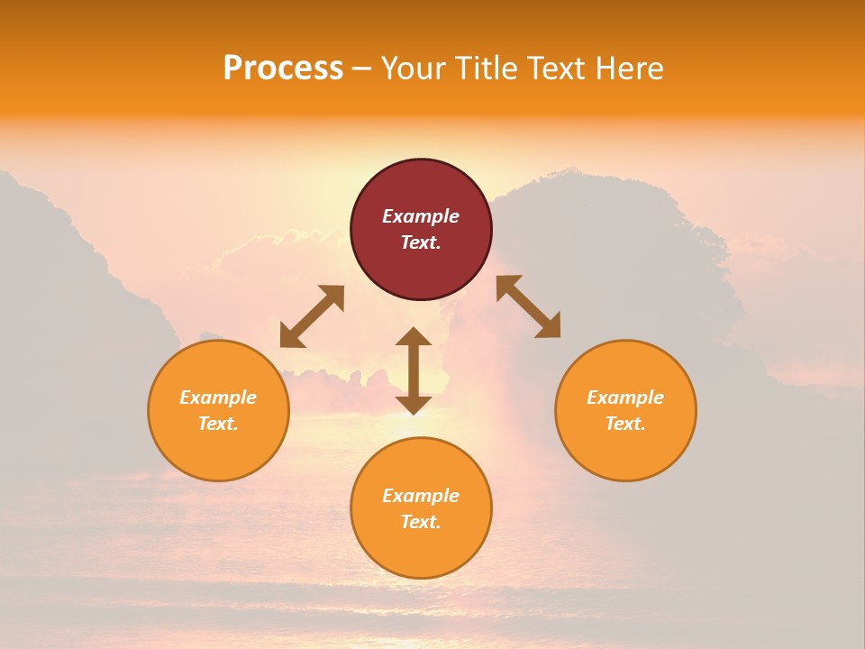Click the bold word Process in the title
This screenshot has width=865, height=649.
(283, 69)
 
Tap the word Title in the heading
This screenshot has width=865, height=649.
(486, 69)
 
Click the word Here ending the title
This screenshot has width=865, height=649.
(631, 69)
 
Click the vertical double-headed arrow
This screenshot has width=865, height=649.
(414, 370)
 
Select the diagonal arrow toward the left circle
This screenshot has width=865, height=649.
(312, 316)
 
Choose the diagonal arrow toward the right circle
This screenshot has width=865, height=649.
(529, 306)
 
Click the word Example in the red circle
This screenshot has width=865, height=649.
(421, 216)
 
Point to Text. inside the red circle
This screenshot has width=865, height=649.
(421, 242)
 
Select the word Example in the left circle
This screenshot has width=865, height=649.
(218, 398)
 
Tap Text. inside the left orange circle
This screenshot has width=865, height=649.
(218, 424)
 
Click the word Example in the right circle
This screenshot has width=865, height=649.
(625, 398)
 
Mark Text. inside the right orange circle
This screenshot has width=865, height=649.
(625, 424)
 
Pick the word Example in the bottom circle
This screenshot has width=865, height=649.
(421, 496)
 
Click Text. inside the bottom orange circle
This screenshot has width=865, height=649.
(421, 522)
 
